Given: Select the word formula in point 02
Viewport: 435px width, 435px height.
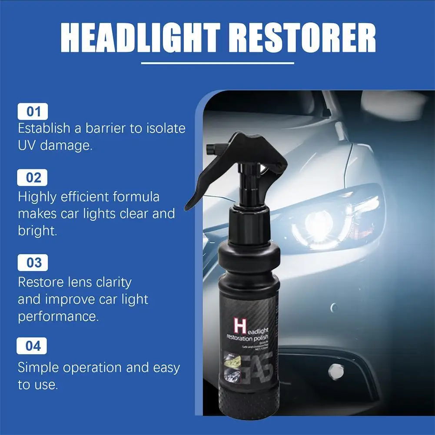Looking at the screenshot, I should pos(136,197).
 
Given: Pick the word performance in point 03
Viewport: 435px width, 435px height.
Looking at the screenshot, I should pos(58,316).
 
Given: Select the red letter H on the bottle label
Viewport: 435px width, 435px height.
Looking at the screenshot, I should pos(238,326).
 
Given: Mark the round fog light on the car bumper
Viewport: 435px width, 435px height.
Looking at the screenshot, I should pos(335,369).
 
